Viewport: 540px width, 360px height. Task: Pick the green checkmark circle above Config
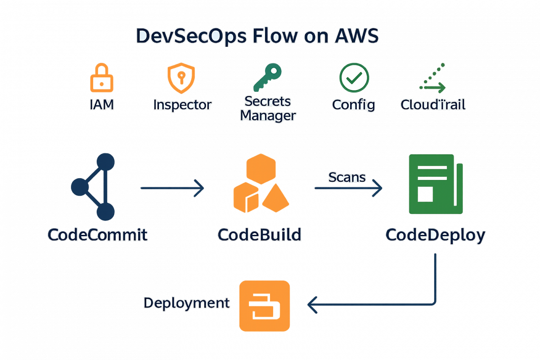tap(354, 77)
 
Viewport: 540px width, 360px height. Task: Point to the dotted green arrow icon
tap(432, 81)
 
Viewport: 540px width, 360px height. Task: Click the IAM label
tap(102, 105)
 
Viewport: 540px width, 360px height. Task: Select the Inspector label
tap(182, 105)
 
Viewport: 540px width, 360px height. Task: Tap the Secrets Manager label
tap(268, 108)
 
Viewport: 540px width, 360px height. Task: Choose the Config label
tap(354, 105)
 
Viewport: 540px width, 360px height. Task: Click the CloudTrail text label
tap(432, 105)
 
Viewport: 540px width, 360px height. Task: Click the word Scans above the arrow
tap(347, 177)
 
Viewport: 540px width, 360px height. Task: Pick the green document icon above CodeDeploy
tap(435, 184)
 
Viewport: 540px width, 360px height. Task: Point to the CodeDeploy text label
tap(435, 235)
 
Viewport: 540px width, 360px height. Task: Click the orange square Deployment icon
tap(264, 306)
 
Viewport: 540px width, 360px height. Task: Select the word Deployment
tap(186, 303)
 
